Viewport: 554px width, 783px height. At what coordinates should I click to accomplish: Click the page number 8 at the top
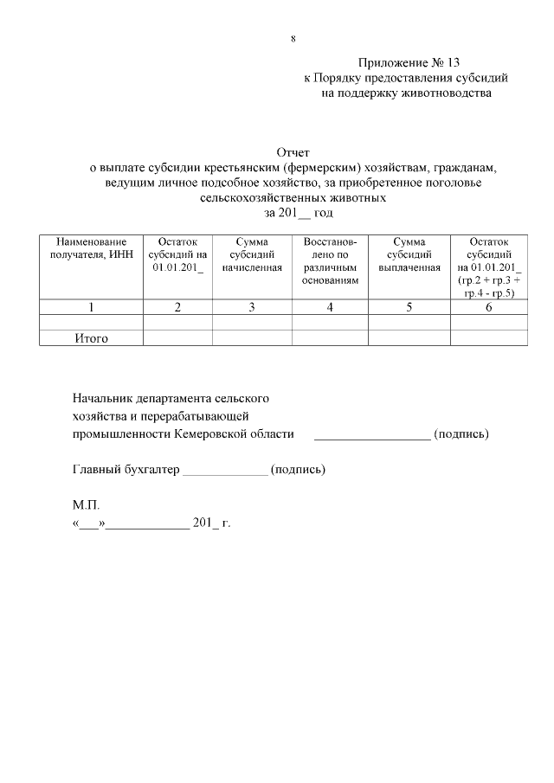point(293,39)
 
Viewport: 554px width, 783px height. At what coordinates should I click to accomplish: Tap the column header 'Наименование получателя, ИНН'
point(91,248)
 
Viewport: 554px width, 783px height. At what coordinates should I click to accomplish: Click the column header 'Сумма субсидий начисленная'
point(252,254)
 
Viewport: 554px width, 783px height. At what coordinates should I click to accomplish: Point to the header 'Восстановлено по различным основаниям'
point(330,261)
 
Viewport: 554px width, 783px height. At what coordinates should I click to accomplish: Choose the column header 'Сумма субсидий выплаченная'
point(409,254)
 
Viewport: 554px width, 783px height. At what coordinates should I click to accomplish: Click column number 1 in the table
point(91,306)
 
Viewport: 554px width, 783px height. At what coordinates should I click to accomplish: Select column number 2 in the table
point(177,306)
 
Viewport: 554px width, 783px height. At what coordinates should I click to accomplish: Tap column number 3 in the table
point(252,306)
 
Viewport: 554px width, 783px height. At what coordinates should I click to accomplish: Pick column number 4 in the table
point(330,306)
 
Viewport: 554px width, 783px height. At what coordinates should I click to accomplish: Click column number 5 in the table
point(409,306)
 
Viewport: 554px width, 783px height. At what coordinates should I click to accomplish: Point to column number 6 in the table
point(488,306)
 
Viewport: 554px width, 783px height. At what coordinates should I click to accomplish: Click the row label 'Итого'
point(91,338)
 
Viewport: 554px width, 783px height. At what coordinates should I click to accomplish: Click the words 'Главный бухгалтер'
point(125,469)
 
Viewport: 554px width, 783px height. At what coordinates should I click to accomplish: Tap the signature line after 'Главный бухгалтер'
point(226,472)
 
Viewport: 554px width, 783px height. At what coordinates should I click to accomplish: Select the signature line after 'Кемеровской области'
point(371,437)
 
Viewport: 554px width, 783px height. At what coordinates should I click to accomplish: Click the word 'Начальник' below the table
point(101,399)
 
